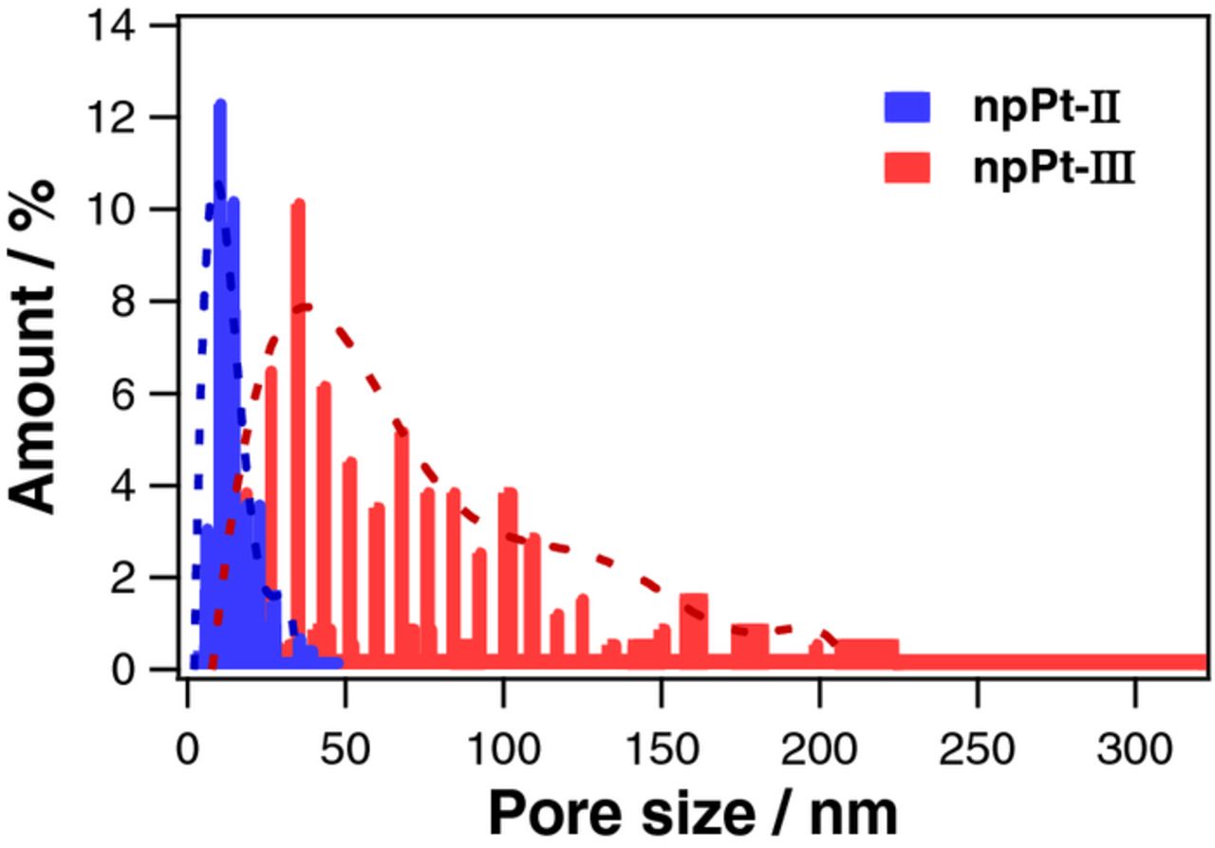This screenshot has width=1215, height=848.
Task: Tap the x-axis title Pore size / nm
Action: pyautogui.click(x=691, y=812)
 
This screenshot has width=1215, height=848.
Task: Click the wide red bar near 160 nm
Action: pyautogui.click(x=694, y=626)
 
